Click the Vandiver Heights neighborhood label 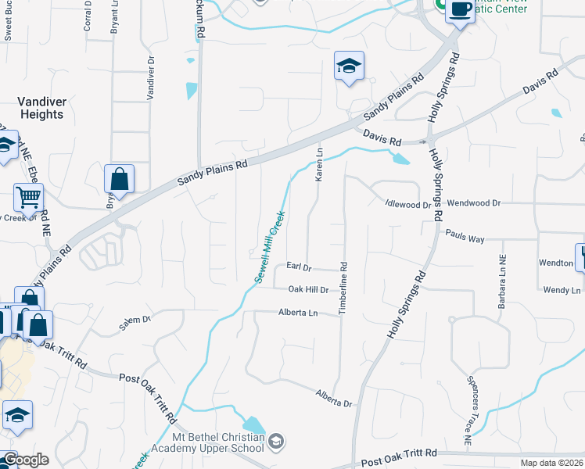[41, 108]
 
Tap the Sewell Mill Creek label [267, 247]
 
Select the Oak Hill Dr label [307, 289]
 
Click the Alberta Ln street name [298, 313]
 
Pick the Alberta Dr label [335, 398]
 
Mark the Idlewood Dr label [407, 204]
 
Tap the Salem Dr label [134, 319]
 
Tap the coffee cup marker [461, 10]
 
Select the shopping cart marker [28, 198]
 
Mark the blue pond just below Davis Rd [400, 159]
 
